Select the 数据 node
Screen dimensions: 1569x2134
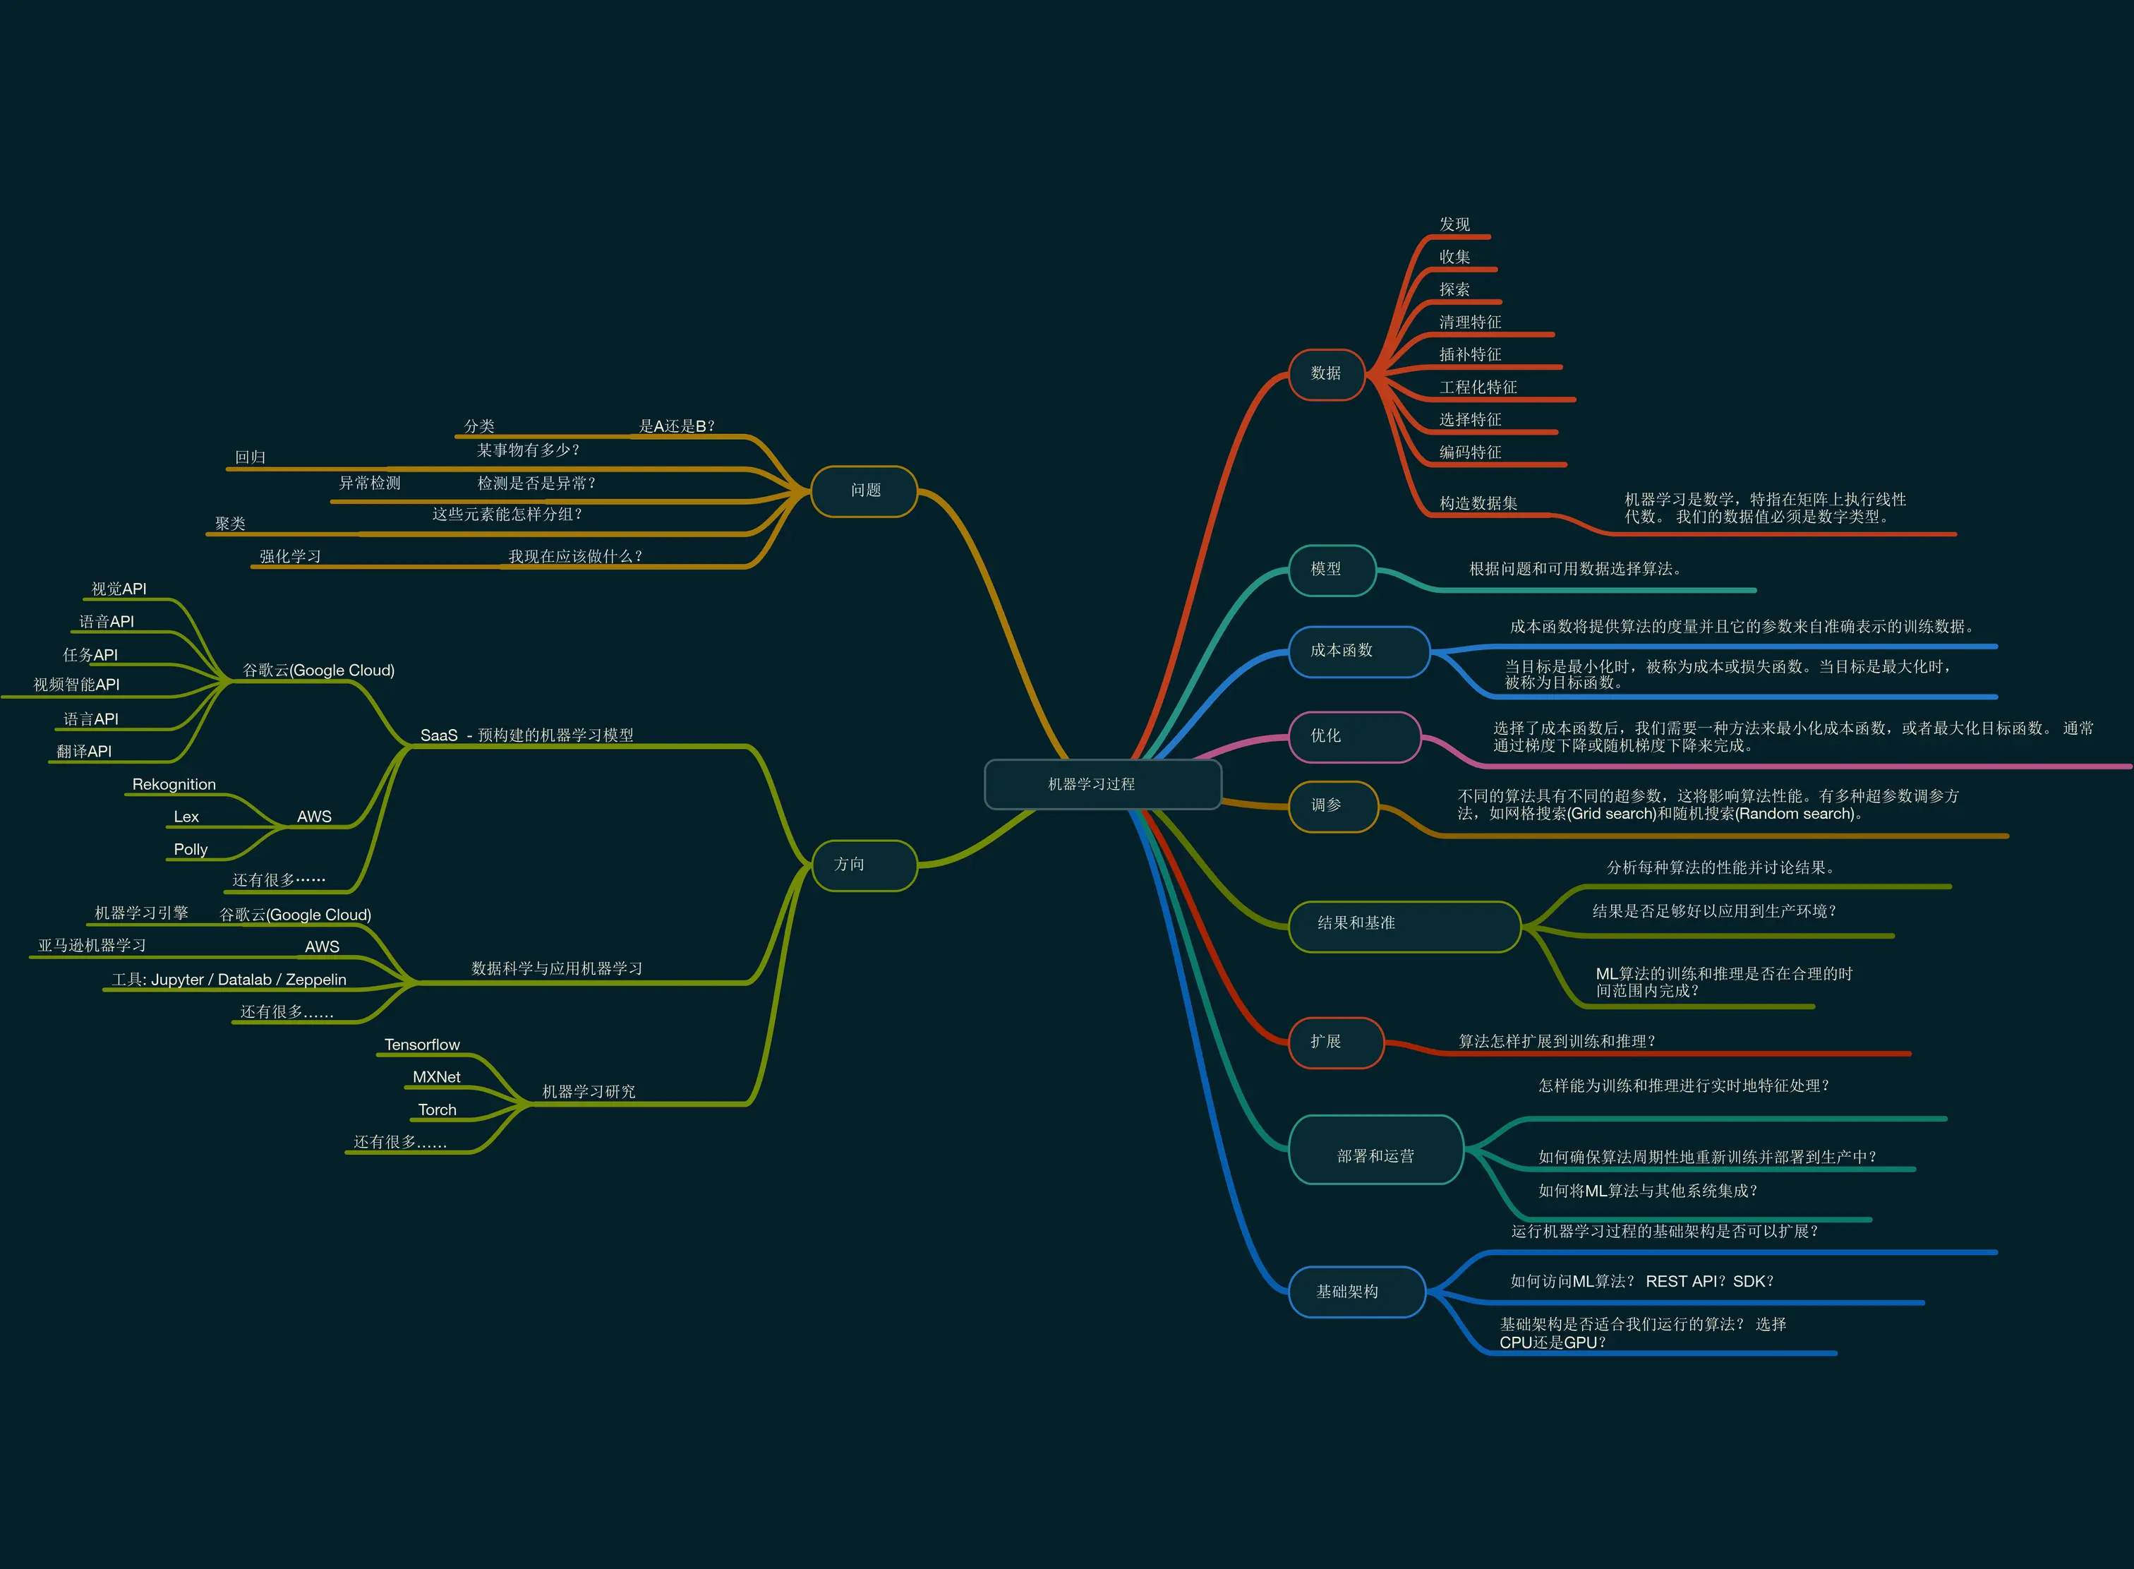click(x=1326, y=374)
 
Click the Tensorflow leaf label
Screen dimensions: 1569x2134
click(x=422, y=1045)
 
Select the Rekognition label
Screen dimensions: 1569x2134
click(x=174, y=785)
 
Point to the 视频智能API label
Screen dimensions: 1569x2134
click(x=76, y=685)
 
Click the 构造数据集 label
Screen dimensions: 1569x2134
click(x=1478, y=503)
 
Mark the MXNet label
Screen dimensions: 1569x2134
click(x=436, y=1077)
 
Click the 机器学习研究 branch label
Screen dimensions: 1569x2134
click(x=589, y=1092)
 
